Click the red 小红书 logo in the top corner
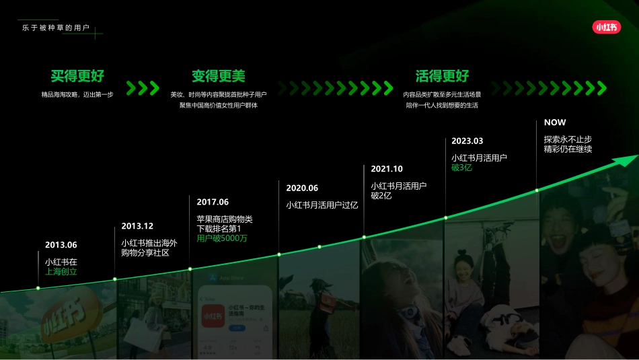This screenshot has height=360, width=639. (606, 27)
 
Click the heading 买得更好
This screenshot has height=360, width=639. (77, 76)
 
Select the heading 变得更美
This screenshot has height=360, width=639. (219, 76)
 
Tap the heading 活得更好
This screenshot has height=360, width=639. (442, 76)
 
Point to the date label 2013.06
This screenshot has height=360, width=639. (61, 245)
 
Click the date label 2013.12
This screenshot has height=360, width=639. (137, 226)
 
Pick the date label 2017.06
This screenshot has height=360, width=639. (213, 202)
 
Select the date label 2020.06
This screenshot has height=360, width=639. (302, 188)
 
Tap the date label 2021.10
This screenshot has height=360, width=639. (387, 169)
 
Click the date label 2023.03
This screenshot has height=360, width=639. (467, 141)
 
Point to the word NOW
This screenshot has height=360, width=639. (555, 122)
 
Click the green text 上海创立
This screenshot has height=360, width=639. (61, 272)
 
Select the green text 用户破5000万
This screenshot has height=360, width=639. (222, 238)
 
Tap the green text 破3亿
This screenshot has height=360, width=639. (461, 168)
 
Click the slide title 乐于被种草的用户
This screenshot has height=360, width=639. (55, 28)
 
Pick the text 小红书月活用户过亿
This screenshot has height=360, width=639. (322, 205)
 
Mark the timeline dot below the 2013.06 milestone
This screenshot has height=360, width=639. (38, 288)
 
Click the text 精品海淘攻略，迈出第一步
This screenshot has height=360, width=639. (77, 95)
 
